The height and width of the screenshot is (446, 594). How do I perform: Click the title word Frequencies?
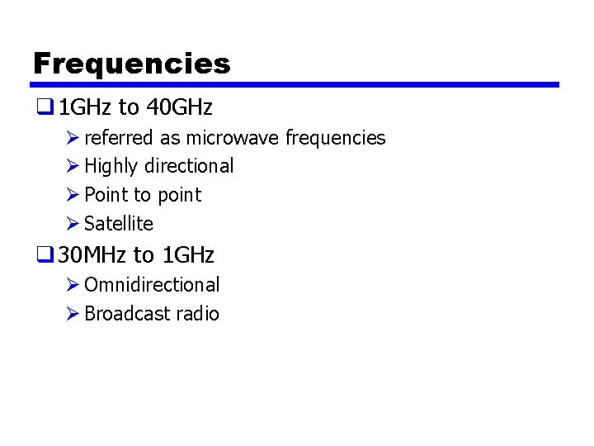coord(132,64)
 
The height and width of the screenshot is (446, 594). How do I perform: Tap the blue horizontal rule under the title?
coord(295,84)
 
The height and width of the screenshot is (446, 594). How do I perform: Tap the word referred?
coord(120,138)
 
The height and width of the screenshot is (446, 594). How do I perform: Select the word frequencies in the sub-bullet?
coord(335,138)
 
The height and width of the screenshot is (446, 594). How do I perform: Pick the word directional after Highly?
coord(189,166)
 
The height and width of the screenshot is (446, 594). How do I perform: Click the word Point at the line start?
coord(106,195)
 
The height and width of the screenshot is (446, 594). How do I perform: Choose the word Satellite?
coord(119,224)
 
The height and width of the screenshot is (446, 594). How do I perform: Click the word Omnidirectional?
coord(152,285)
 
